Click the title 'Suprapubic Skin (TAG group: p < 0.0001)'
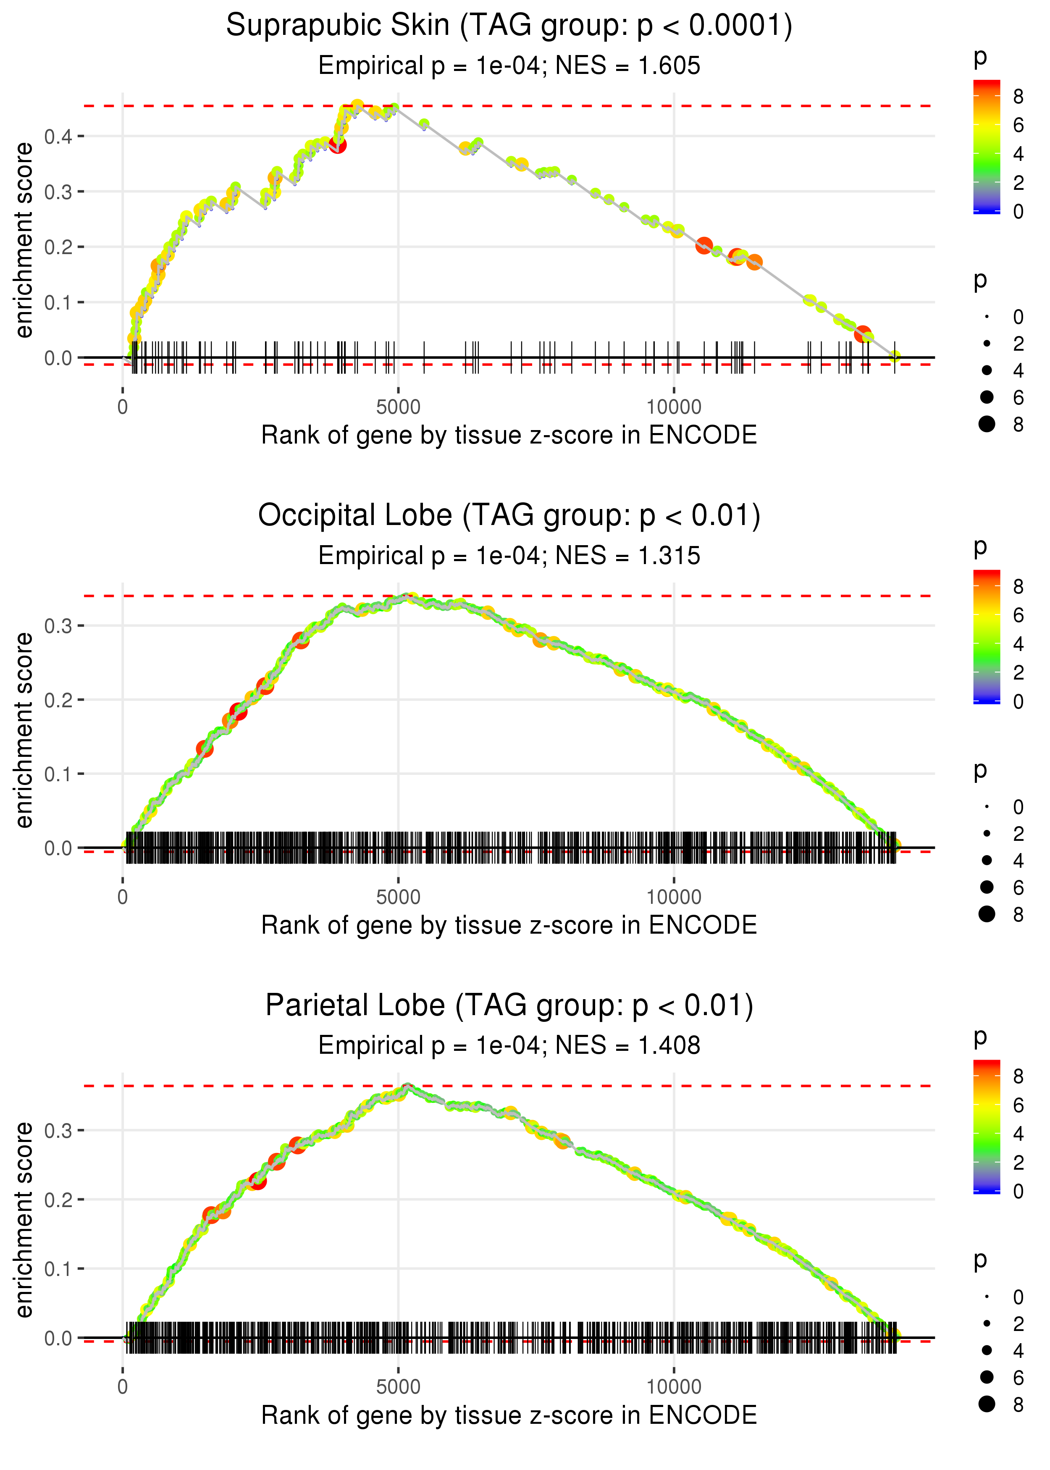(x=509, y=26)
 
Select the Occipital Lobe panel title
(x=509, y=516)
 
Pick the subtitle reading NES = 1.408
(x=509, y=1046)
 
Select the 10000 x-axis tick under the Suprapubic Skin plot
(x=674, y=407)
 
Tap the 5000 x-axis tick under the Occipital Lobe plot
(x=398, y=897)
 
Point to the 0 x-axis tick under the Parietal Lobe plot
(x=123, y=1387)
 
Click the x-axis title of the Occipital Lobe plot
(x=509, y=926)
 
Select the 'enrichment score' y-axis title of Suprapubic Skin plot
(x=24, y=241)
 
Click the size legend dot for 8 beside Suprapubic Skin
(x=987, y=424)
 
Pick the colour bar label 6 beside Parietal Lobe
(x=1018, y=1105)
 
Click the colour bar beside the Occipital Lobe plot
(x=986, y=637)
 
